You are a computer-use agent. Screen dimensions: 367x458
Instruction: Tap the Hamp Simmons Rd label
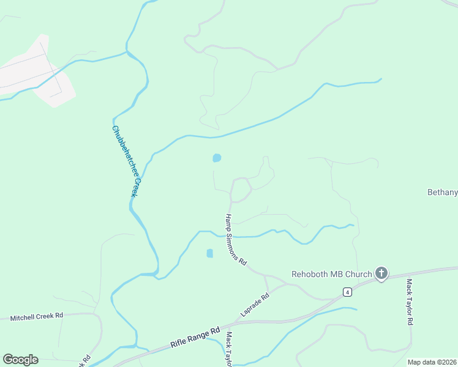click(235, 239)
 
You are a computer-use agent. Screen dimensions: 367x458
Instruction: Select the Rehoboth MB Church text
click(331, 274)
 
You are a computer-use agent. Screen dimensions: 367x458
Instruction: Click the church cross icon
click(381, 273)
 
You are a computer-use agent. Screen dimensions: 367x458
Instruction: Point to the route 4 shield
click(347, 292)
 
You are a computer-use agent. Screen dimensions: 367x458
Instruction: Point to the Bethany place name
click(442, 192)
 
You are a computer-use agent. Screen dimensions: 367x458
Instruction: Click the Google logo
click(20, 359)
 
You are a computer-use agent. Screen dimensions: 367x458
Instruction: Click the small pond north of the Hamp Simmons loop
click(217, 158)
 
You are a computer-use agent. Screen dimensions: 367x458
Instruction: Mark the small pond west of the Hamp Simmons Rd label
click(209, 253)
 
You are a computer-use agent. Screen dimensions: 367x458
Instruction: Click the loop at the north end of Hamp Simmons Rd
click(241, 190)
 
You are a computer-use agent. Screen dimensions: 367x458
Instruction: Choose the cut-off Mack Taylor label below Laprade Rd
click(229, 349)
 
